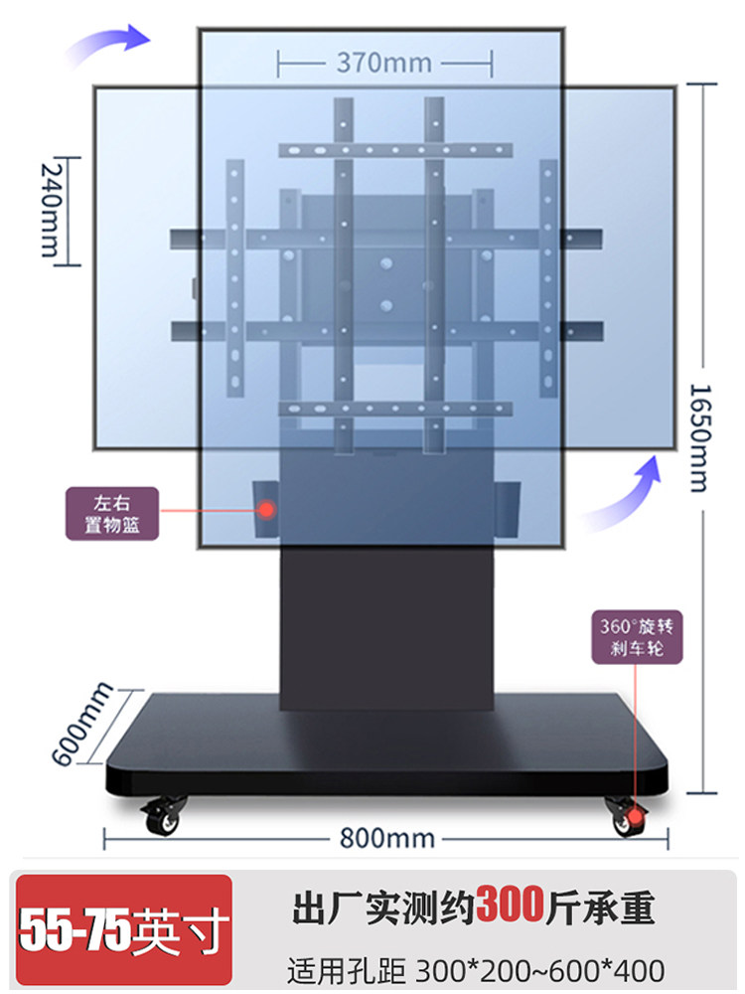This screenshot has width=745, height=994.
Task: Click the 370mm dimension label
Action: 384,63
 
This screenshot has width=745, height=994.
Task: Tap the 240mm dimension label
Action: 50,210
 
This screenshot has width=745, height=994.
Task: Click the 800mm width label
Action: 386,838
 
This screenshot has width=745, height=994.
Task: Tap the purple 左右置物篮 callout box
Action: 112,512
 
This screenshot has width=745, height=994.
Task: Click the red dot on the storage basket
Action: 266,509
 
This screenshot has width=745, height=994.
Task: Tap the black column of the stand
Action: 386,626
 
